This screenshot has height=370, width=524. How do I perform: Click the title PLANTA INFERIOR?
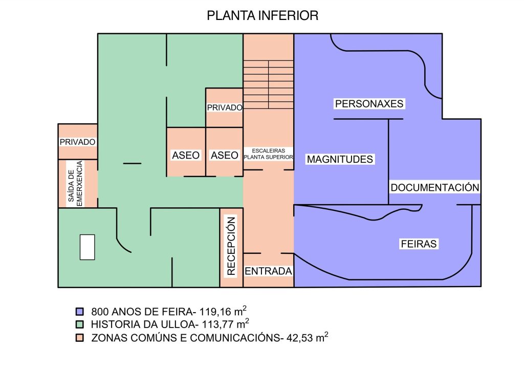click(x=263, y=16)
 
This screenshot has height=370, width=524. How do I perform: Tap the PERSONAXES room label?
click(x=369, y=104)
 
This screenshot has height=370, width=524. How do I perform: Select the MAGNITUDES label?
click(x=340, y=159)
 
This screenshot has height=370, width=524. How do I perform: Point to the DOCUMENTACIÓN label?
click(x=435, y=187)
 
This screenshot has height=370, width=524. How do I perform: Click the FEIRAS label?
click(x=418, y=244)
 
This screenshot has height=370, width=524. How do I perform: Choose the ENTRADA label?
click(x=268, y=271)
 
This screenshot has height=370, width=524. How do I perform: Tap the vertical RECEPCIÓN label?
click(x=231, y=247)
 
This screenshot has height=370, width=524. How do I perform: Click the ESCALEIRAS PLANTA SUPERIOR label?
click(x=269, y=154)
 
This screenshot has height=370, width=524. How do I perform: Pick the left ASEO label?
click(x=186, y=155)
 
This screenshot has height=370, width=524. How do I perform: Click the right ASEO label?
click(x=225, y=155)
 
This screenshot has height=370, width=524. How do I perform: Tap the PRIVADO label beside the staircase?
click(x=224, y=108)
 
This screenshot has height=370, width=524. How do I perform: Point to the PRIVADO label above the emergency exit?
click(x=78, y=142)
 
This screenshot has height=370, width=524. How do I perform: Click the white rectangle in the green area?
click(x=87, y=247)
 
